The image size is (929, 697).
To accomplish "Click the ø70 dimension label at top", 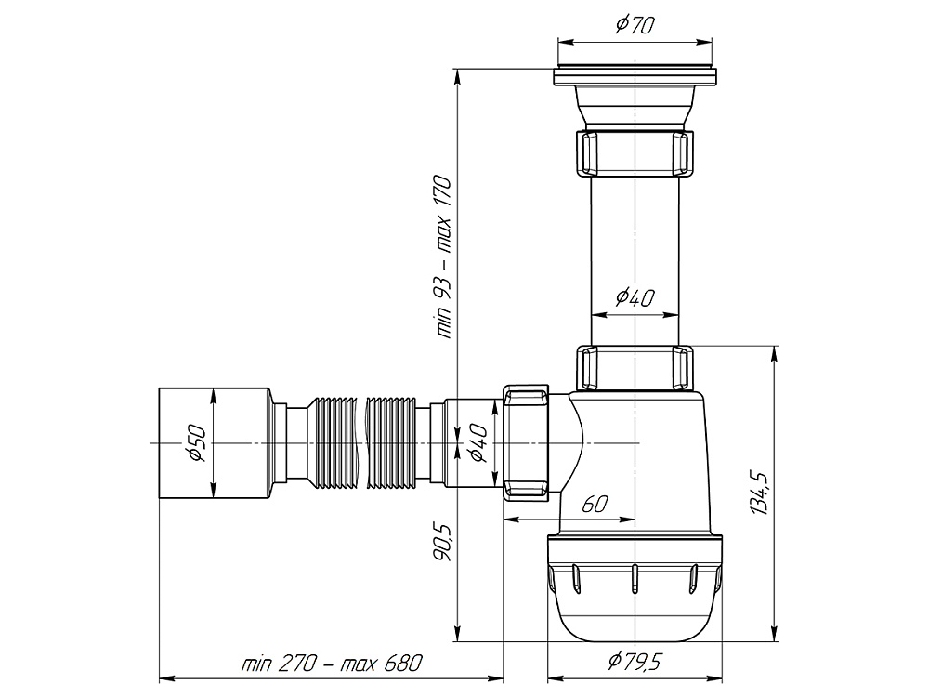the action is pyautogui.click(x=635, y=24).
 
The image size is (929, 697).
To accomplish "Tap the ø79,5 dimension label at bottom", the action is pyautogui.click(x=634, y=660).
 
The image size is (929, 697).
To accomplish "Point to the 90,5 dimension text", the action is pyautogui.click(x=444, y=542).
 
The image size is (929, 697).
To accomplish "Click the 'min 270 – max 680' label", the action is pyautogui.click(x=332, y=663).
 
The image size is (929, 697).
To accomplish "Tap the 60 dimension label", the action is pyautogui.click(x=595, y=504).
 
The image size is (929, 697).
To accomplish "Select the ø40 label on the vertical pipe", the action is pyautogui.click(x=635, y=296).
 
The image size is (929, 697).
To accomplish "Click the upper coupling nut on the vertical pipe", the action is pyautogui.click(x=635, y=153).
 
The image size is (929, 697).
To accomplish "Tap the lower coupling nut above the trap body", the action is pyautogui.click(x=635, y=367).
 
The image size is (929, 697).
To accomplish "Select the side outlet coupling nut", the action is pyautogui.click(x=527, y=442).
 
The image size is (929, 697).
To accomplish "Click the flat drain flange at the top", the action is pyautogui.click(x=635, y=77).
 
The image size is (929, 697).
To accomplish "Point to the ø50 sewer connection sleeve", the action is pyautogui.click(x=216, y=442).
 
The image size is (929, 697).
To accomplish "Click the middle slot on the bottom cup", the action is pyautogui.click(x=634, y=578).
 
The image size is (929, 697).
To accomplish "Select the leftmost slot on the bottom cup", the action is pyautogui.click(x=574, y=578).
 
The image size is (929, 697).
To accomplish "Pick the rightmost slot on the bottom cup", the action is pyautogui.click(x=694, y=578).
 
